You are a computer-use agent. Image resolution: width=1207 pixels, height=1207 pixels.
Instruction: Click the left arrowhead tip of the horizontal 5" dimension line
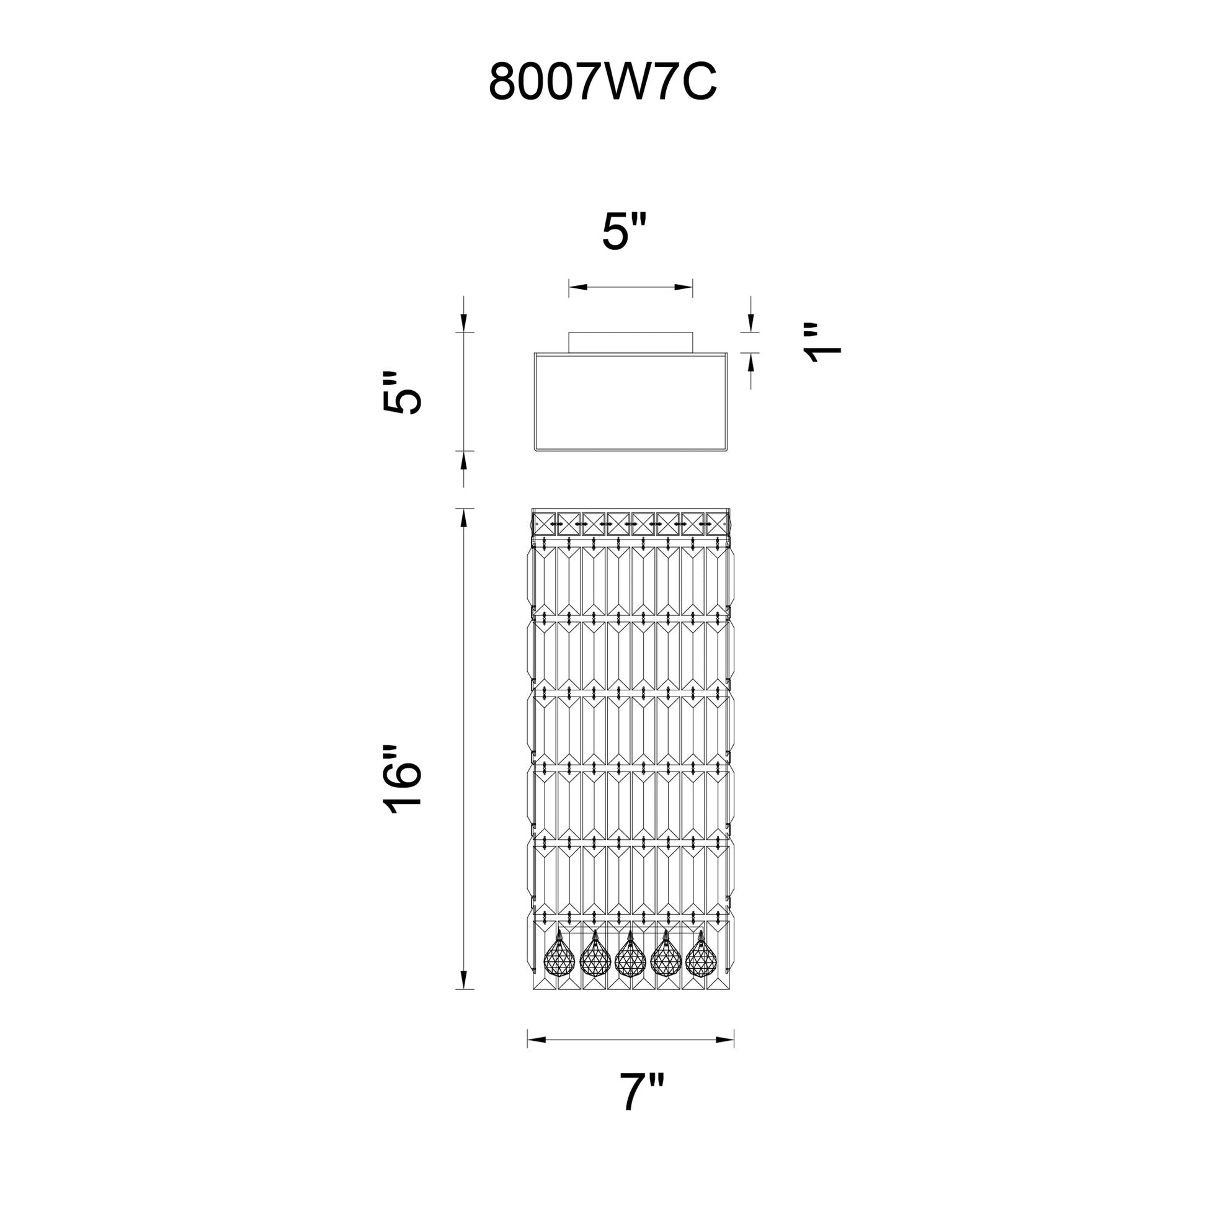point(569,287)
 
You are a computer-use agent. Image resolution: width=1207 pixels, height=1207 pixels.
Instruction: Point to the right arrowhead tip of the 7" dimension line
point(734,1040)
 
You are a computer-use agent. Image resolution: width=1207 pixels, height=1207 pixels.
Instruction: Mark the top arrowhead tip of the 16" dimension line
point(463,509)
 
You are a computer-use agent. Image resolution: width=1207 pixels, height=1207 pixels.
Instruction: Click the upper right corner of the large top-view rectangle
point(727,354)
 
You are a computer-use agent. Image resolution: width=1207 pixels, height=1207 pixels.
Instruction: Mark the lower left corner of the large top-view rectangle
point(535,449)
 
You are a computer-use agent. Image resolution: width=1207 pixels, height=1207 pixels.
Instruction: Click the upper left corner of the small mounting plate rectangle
point(569,333)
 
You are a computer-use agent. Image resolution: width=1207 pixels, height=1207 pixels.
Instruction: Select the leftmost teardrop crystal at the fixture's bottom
point(559,970)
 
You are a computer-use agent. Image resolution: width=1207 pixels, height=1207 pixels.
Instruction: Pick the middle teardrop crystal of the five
point(630,970)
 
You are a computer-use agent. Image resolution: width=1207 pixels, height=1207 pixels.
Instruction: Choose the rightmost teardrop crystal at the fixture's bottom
point(700,970)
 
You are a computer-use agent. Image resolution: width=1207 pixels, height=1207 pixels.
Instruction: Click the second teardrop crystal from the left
point(595,970)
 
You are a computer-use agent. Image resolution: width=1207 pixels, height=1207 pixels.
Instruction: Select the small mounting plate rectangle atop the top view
point(631,343)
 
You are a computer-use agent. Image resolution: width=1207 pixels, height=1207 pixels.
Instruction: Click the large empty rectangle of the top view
point(631,402)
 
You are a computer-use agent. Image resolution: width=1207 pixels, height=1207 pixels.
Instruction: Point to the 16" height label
point(403,779)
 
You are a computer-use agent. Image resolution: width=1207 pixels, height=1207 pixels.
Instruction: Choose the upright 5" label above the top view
point(624,231)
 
